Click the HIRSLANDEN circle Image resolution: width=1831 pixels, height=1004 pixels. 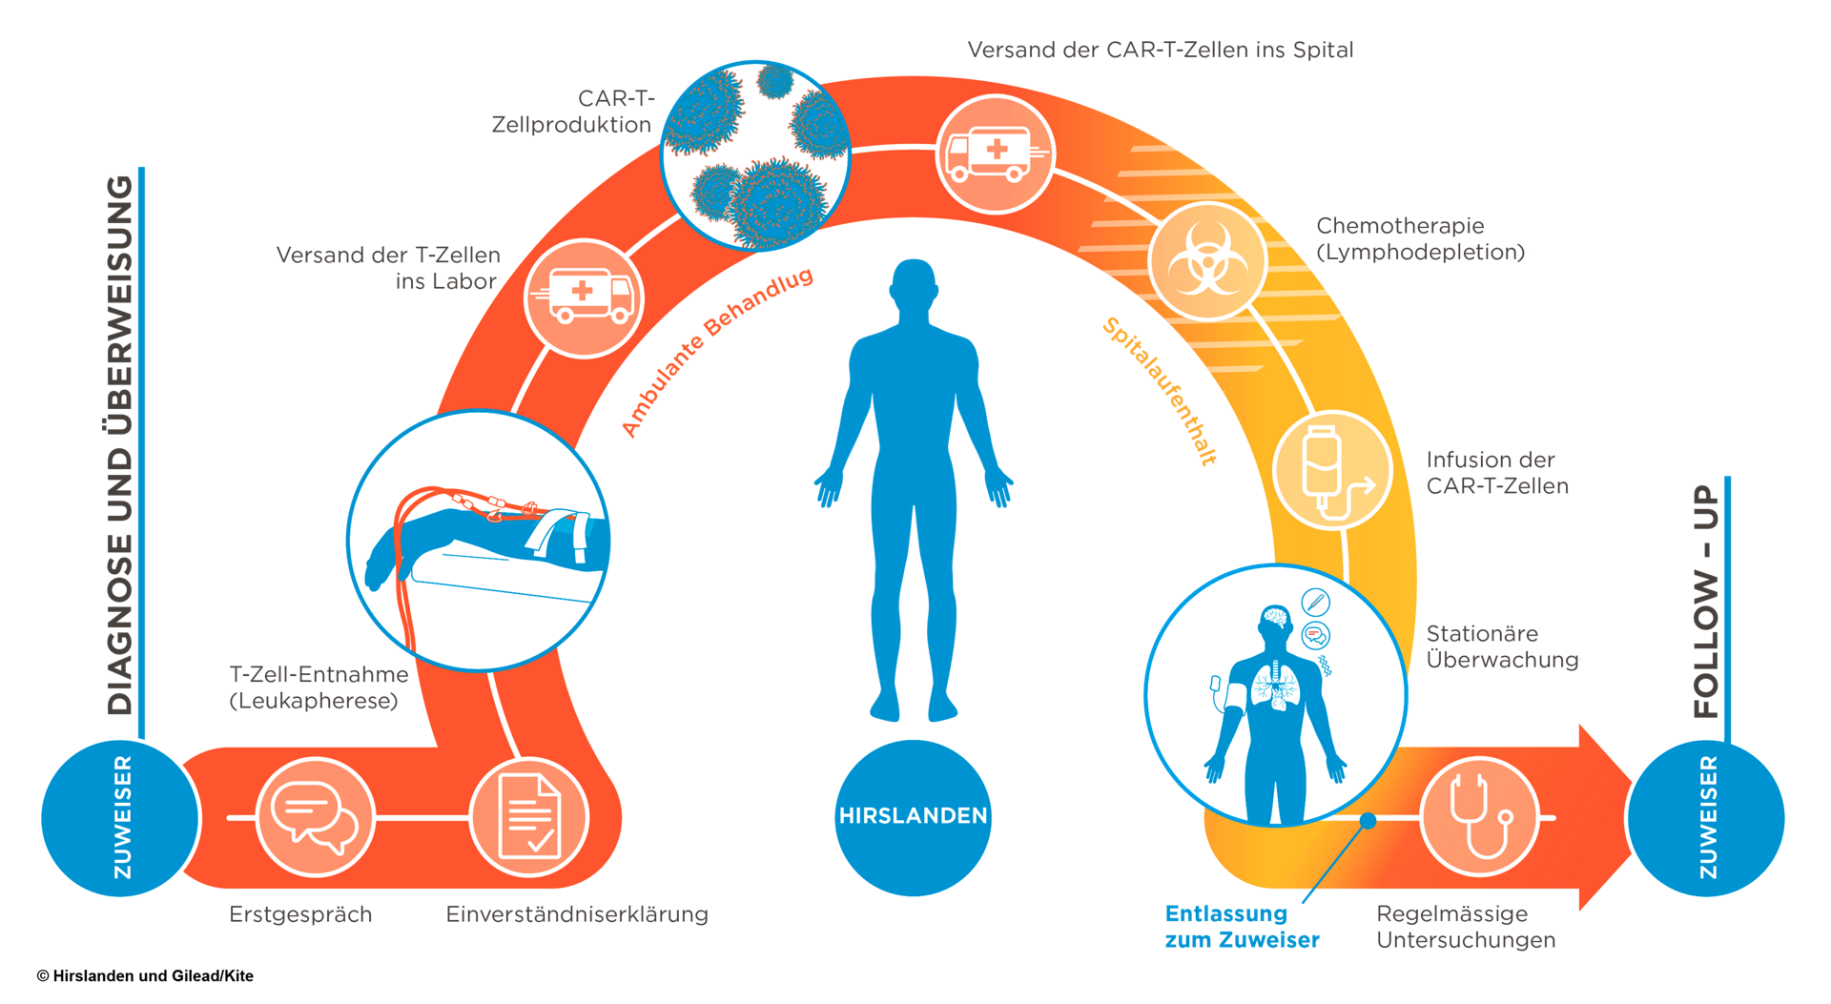pos(913,817)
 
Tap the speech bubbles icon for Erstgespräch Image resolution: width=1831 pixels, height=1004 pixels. pos(314,817)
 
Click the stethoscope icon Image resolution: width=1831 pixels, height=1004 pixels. pos(1479,817)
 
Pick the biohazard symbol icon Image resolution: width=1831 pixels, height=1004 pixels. pos(1207,259)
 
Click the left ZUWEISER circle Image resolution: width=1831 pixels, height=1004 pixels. pos(120,817)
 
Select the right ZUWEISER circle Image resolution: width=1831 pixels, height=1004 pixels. pos(1706,817)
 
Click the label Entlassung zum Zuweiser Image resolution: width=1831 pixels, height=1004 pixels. pos(1242,927)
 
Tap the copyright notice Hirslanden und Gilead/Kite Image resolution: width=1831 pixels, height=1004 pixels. pos(145,975)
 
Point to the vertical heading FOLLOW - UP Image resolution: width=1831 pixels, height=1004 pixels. pos(1706,601)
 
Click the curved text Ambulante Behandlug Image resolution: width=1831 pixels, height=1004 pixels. pos(716,351)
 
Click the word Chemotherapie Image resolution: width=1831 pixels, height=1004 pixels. pos(1400,226)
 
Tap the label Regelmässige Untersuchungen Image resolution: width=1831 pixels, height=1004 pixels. pos(1466,927)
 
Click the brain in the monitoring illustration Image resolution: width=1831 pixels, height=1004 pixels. pos(1274,620)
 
